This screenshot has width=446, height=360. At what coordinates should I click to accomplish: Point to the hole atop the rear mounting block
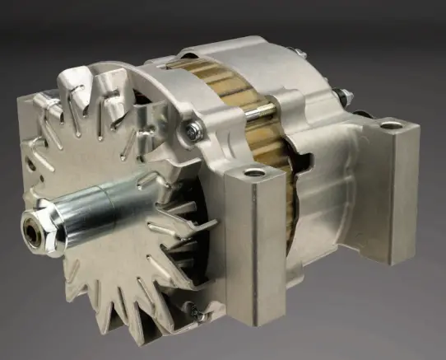click(x=392, y=126)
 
